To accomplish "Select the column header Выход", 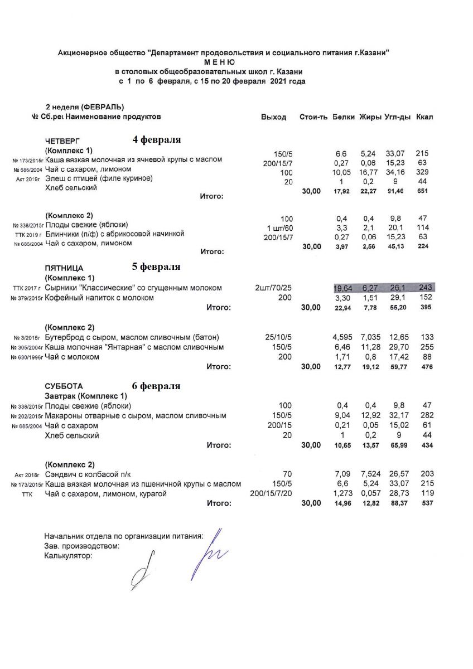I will click(x=273, y=117).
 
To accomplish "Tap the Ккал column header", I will click(x=424, y=117).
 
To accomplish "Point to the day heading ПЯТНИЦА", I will click(x=64, y=268).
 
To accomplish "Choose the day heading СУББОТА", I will click(x=64, y=386).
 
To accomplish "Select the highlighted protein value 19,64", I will click(x=342, y=288).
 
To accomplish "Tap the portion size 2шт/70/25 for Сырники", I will click(x=273, y=288).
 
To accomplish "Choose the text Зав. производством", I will click(x=82, y=546).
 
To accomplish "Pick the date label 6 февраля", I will click(x=156, y=386).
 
